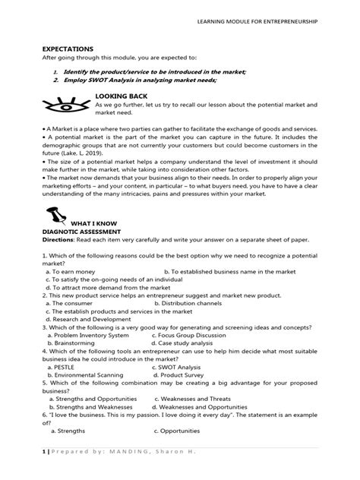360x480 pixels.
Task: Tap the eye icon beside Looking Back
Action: point(65,104)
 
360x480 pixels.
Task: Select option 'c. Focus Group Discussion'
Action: point(197,333)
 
